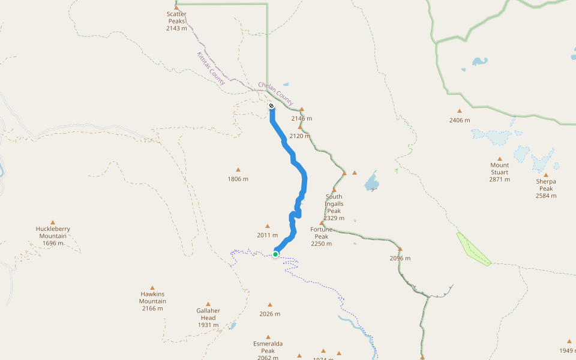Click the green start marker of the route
(275, 254)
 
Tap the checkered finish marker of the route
(271, 106)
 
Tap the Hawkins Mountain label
(152, 301)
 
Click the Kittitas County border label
(211, 68)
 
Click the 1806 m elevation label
(238, 179)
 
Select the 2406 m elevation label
(460, 120)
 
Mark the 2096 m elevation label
(400, 258)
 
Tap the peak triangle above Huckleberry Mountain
(53, 222)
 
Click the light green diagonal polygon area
(473, 248)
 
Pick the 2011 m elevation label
(268, 235)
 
